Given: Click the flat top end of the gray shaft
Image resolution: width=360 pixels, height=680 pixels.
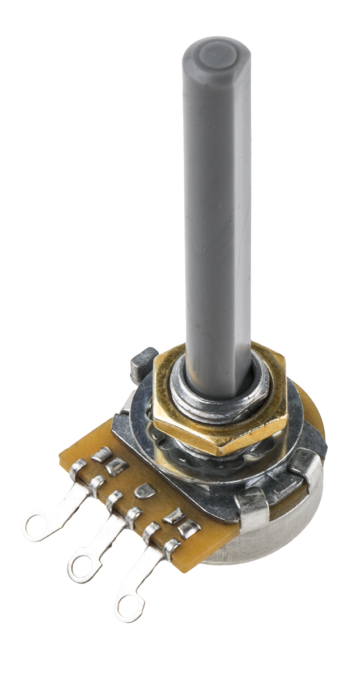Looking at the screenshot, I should pyautogui.click(x=217, y=53).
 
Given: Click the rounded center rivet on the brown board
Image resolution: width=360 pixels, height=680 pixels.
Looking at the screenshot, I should pyautogui.click(x=145, y=491).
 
